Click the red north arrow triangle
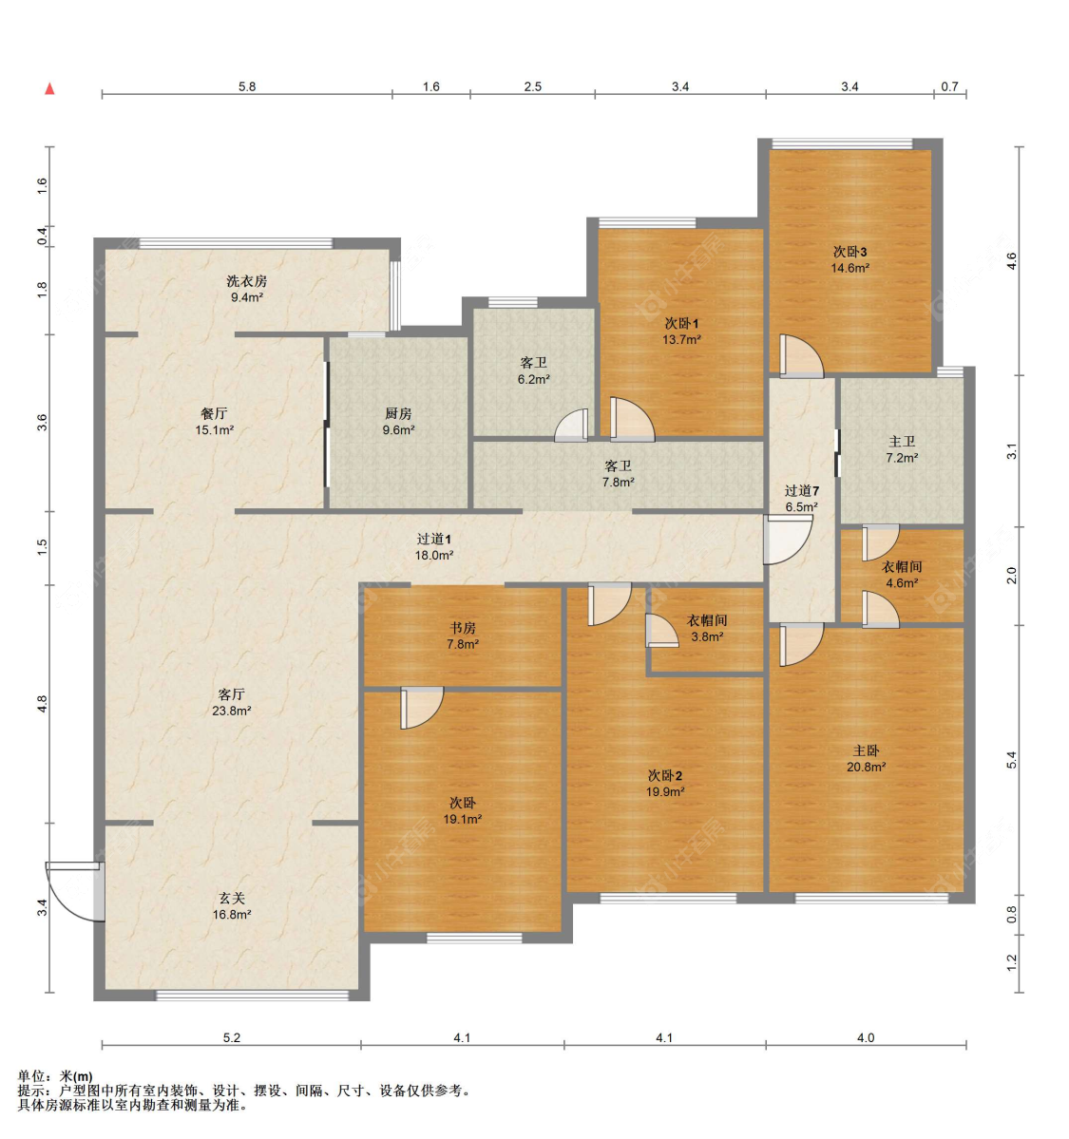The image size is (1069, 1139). [x=49, y=88]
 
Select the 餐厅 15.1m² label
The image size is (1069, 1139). [x=215, y=422]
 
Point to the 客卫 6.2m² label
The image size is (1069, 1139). [x=533, y=370]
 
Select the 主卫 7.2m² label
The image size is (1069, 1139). [x=902, y=449]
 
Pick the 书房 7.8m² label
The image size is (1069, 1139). [x=463, y=636]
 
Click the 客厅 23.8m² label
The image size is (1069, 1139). [x=232, y=702]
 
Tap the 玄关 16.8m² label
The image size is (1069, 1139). [x=232, y=906]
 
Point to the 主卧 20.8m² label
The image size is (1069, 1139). [x=867, y=758]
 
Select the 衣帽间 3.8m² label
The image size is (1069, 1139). [x=707, y=628]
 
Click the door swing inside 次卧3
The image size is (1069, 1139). [x=802, y=356]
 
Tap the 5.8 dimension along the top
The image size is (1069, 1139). [x=247, y=86]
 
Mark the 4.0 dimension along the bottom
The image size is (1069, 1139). [x=866, y=1037]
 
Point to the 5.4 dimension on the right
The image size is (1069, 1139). [x=1011, y=760]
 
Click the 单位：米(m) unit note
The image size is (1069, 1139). [x=55, y=1076]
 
